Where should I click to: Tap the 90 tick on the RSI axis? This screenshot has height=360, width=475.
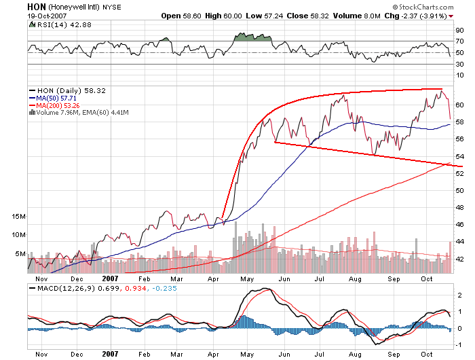459,31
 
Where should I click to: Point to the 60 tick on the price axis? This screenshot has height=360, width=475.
459,105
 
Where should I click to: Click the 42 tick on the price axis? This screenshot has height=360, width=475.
459,259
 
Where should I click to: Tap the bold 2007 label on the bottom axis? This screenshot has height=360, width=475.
110,354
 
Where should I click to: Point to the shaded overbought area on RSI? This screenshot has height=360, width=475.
252,37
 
